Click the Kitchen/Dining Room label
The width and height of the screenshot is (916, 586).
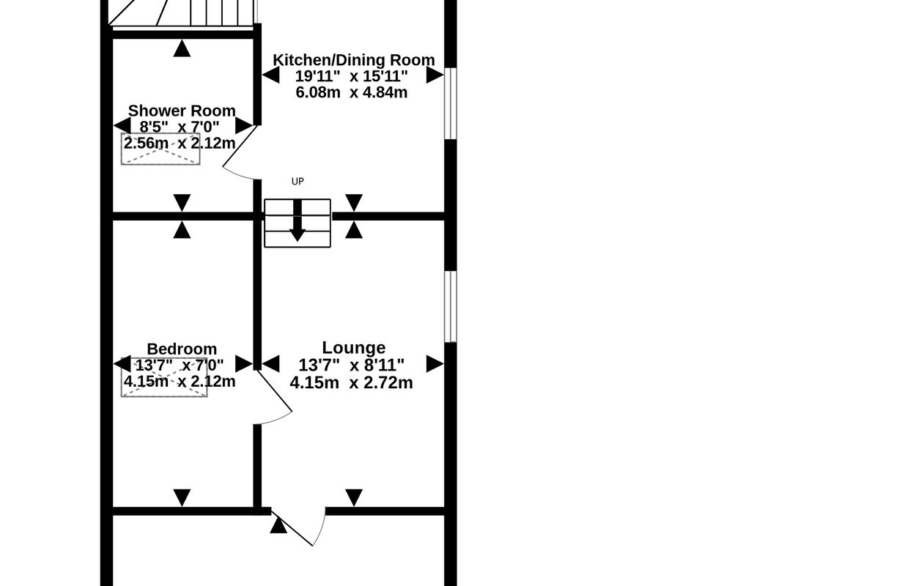(x=354, y=60)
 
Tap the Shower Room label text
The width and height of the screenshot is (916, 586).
(x=182, y=111)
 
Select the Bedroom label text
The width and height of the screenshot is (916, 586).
(x=182, y=349)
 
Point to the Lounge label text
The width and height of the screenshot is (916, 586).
(x=354, y=348)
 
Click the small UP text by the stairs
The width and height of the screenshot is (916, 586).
(x=298, y=182)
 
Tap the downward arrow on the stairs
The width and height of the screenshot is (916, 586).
(x=298, y=220)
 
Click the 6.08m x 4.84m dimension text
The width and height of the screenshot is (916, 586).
(x=352, y=92)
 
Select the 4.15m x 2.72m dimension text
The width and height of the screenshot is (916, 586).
(x=351, y=383)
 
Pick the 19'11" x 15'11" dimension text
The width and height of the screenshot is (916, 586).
(x=352, y=76)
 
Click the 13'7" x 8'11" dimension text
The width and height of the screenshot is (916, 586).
(x=352, y=364)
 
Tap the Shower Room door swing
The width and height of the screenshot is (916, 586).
(x=239, y=153)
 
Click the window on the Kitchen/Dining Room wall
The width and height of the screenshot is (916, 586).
(x=450, y=103)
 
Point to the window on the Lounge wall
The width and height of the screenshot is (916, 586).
(x=450, y=306)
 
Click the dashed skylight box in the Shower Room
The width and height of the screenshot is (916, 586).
(x=160, y=149)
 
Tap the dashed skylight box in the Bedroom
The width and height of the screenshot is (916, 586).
(x=164, y=377)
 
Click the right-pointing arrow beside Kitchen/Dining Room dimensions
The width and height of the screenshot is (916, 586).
(x=435, y=75)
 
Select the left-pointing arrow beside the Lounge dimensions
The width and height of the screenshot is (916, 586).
(x=270, y=364)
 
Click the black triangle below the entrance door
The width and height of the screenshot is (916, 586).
(x=278, y=525)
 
